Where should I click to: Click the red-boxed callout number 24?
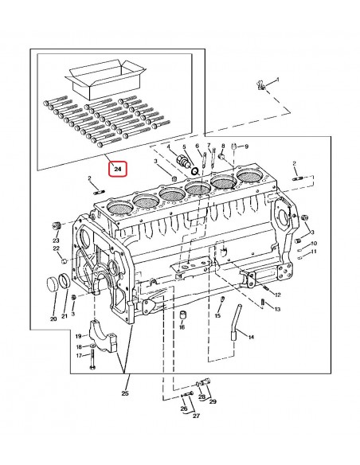tap(117, 169)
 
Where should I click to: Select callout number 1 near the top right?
tap(277, 80)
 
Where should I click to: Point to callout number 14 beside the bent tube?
tap(252, 337)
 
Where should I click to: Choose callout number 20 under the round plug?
tap(53, 319)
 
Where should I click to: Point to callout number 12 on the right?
tap(276, 295)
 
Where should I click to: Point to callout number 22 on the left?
tap(57, 249)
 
